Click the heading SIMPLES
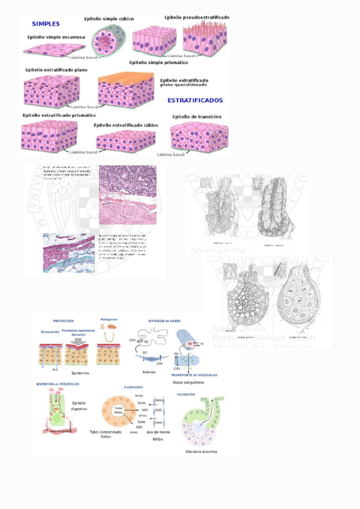[x=45, y=24]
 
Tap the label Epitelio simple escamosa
[x=56, y=37]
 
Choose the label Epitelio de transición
[x=197, y=116]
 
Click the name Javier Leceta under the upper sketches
[x=209, y=250]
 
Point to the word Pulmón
[x=149, y=372]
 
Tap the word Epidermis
[x=80, y=372]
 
